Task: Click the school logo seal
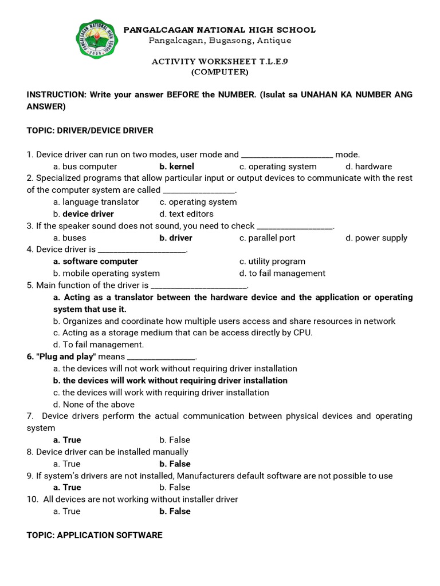(97, 39)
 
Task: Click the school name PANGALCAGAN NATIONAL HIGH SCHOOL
(219, 30)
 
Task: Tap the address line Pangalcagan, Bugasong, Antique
(219, 41)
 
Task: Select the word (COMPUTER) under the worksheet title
(219, 72)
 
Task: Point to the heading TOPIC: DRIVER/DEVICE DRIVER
(90, 130)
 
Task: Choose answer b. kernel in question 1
(176, 167)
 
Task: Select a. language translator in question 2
(96, 202)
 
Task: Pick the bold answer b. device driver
(84, 214)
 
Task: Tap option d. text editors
(186, 214)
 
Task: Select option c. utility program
(272, 262)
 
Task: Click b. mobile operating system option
(107, 274)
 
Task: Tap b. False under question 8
(175, 464)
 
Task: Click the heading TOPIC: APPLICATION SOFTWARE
(95, 535)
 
